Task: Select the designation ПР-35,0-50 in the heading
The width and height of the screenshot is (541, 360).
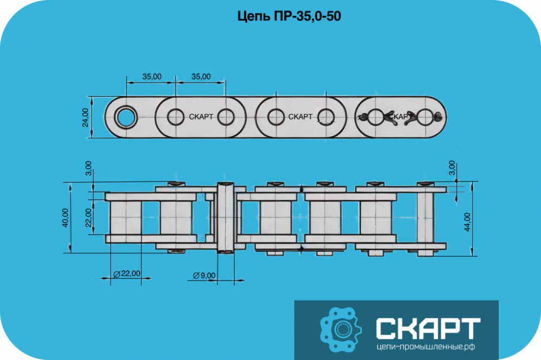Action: coord(307,16)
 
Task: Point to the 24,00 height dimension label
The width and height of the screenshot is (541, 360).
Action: coord(85,117)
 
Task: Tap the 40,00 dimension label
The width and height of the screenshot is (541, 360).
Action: coord(65,218)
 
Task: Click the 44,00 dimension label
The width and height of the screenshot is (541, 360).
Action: coord(467,222)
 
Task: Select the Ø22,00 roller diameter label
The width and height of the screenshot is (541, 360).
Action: coord(127,274)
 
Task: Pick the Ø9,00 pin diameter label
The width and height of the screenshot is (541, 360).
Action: coord(204,276)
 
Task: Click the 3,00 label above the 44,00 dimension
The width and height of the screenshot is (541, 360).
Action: coord(452,168)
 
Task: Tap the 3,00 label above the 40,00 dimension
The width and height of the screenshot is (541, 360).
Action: coord(89,168)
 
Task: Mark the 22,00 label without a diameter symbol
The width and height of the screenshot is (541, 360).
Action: coord(89,218)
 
